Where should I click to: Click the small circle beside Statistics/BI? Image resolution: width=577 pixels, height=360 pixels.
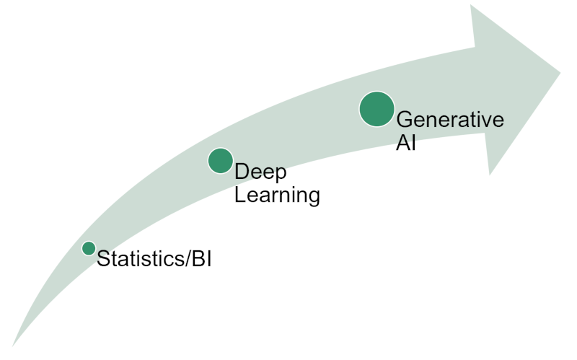(89, 248)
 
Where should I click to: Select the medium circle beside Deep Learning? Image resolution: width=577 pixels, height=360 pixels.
(221, 161)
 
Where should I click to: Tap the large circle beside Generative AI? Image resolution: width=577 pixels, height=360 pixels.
(376, 110)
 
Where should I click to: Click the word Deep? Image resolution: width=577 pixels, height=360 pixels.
(260, 172)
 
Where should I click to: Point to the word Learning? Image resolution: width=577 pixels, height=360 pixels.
(277, 195)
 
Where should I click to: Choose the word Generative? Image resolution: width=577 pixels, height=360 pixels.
(450, 119)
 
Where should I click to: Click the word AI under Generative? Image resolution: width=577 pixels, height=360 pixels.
(406, 142)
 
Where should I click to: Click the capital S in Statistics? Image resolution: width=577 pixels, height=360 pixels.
(104, 258)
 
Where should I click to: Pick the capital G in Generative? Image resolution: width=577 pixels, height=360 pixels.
(405, 119)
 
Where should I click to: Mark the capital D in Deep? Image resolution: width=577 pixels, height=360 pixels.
(242, 172)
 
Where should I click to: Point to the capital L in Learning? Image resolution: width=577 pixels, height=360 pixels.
(241, 194)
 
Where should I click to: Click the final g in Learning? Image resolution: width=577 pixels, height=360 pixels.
(314, 198)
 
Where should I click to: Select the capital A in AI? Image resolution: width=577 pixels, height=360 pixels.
(403, 142)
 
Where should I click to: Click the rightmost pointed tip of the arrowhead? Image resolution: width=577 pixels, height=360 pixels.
(560, 73)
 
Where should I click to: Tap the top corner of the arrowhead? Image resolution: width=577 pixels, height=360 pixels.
(471, 5)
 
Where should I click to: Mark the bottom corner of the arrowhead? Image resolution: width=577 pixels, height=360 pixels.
(490, 175)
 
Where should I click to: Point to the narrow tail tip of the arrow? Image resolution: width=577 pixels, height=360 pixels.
(12, 346)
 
